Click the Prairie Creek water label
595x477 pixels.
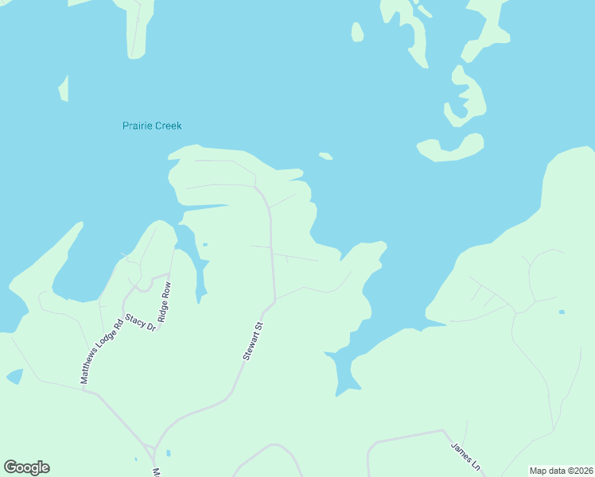152,126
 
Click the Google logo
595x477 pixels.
26,467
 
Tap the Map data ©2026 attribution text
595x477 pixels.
561,470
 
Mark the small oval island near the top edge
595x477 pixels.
357,32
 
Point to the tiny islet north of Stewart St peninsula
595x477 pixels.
325,156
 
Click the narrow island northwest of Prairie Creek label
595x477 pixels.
64,88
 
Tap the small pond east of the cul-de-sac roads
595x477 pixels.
562,312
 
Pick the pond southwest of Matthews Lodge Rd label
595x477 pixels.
14,376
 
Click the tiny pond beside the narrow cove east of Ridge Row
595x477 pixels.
205,244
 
